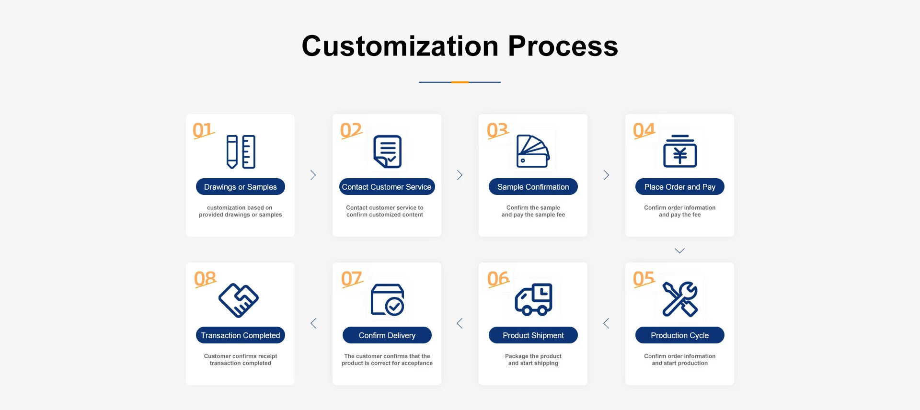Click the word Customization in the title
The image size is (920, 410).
(400, 46)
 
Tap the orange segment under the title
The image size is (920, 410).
(460, 82)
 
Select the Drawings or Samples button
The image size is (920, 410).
(240, 187)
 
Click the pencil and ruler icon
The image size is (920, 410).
(241, 152)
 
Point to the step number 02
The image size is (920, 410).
(351, 130)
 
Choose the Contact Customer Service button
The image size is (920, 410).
(387, 187)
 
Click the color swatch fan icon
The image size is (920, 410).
(533, 151)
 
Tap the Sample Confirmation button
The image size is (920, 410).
(533, 187)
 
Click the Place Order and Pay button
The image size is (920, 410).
(679, 187)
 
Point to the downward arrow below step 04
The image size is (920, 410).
(679, 251)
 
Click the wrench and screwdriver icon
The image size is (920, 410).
(679, 299)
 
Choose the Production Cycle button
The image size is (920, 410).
(679, 335)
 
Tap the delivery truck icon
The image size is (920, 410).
(533, 300)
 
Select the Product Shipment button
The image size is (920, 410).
(533, 335)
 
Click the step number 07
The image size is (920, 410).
(352, 279)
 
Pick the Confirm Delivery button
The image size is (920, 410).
(387, 335)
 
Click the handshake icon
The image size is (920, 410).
(239, 300)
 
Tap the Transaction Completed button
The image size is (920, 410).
(240, 335)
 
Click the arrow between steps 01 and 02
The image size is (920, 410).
(313, 175)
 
